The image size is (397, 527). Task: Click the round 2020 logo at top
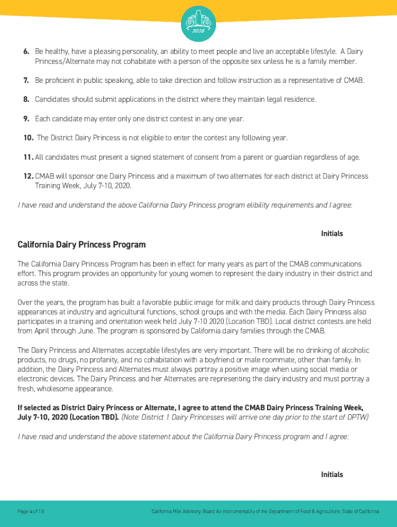pyautogui.click(x=198, y=24)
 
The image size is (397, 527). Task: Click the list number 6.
pyautogui.click(x=25, y=52)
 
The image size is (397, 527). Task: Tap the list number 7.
pyautogui.click(x=25, y=81)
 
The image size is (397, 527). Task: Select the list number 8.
pyautogui.click(x=25, y=99)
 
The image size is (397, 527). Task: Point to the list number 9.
pyautogui.click(x=25, y=119)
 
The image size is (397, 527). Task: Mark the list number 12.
pyautogui.click(x=28, y=176)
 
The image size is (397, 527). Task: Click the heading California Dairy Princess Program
pyautogui.click(x=81, y=244)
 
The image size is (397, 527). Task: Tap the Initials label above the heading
pyautogui.click(x=332, y=234)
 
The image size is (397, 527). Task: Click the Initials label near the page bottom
pyautogui.click(x=332, y=475)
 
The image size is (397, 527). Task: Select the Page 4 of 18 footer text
pyautogui.click(x=31, y=511)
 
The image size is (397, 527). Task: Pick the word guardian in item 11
pyautogui.click(x=292, y=157)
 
